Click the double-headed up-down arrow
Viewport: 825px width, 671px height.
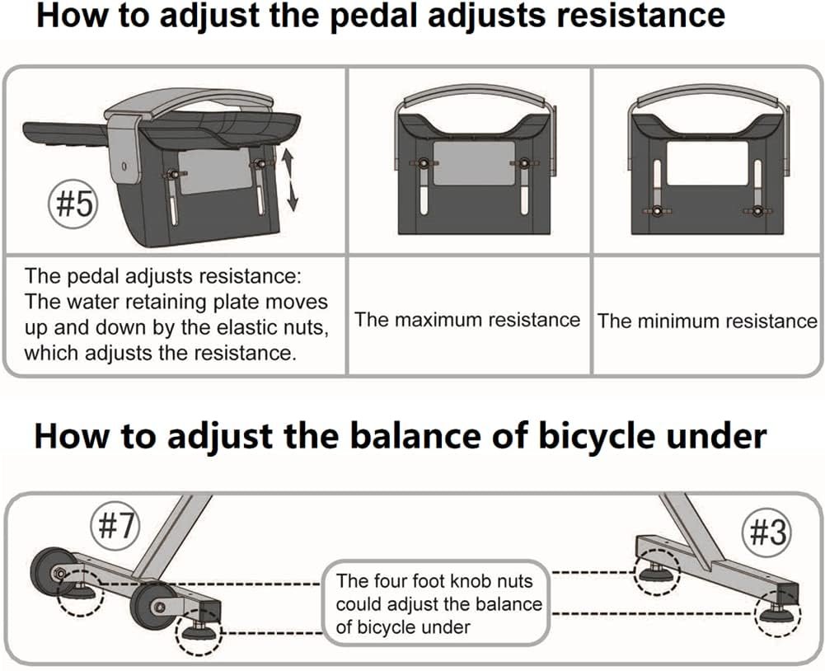pyautogui.click(x=288, y=179)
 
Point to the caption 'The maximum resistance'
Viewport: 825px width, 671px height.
pyautogui.click(x=467, y=320)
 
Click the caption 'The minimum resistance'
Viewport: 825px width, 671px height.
pyautogui.click(x=707, y=321)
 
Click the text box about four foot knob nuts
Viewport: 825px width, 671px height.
pyautogui.click(x=439, y=603)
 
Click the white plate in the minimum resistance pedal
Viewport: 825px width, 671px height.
pyautogui.click(x=707, y=162)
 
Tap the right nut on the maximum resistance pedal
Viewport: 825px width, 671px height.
pyautogui.click(x=522, y=165)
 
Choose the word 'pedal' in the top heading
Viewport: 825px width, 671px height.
pyautogui.click(x=368, y=16)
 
